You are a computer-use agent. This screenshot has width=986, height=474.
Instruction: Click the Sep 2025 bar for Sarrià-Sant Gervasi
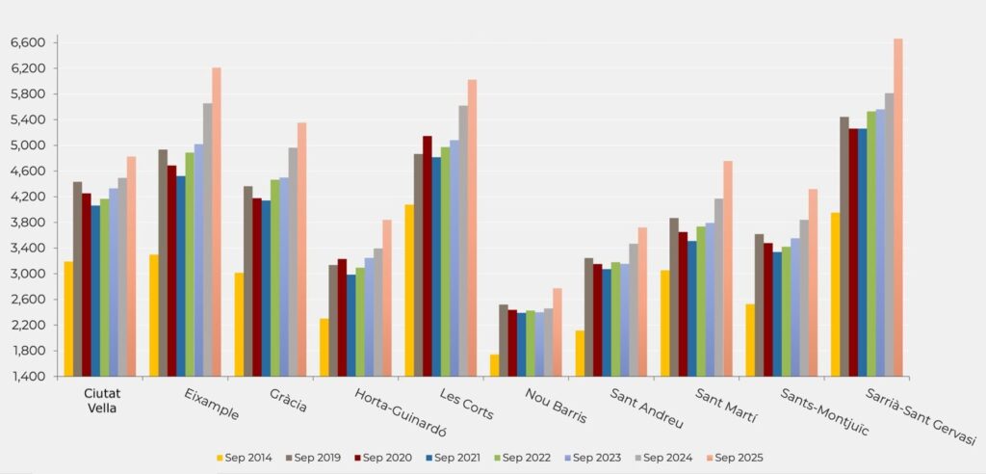pos(897,207)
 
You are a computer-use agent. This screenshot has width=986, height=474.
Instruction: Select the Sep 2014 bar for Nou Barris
pos(494,365)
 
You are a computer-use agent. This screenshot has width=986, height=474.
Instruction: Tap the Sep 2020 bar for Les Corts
pos(428,256)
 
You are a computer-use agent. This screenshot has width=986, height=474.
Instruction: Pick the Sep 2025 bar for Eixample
pos(217,222)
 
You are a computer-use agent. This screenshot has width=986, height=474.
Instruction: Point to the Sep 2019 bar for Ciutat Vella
pos(77,278)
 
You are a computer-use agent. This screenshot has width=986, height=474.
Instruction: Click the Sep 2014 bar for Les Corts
pos(409,290)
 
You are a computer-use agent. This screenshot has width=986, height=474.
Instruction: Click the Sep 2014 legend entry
pos(245,458)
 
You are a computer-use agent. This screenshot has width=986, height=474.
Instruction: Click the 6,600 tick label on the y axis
pos(28,43)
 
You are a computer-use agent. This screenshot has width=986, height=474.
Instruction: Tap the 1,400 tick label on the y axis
pos(28,377)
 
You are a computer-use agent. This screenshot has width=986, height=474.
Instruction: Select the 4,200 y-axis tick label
pos(28,197)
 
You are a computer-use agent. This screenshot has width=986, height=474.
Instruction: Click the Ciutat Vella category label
pos(102,401)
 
